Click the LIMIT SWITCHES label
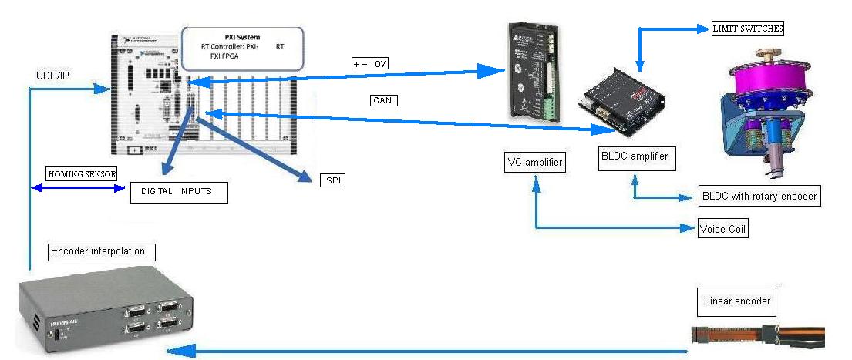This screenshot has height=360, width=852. pos(746,29)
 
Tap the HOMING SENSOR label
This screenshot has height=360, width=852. pos(82,174)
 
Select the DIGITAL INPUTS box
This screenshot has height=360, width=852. pos(179,191)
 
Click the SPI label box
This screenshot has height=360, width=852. pos(332,180)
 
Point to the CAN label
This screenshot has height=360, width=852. pos(383,100)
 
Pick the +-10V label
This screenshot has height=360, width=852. pos(369,64)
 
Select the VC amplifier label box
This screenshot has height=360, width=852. pos(534,163)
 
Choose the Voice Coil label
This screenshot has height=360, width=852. pos(723,229)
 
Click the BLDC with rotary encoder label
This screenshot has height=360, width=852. pos(759,196)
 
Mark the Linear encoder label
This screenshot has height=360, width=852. pos(737,301)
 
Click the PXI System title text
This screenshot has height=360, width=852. pos(241,36)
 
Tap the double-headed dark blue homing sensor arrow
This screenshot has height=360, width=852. pos(77,188)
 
